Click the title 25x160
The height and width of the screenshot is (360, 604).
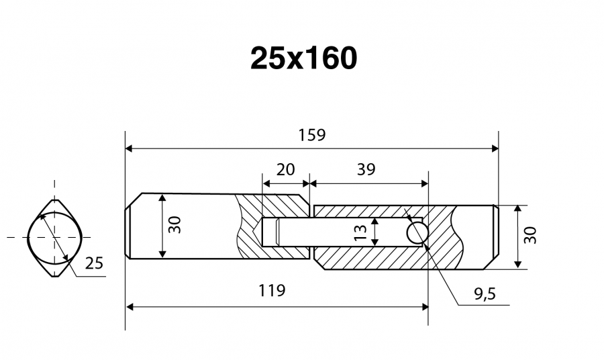pyautogui.click(x=303, y=58)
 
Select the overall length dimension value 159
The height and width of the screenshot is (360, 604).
pyautogui.click(x=312, y=135)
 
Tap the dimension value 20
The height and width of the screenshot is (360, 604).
pyautogui.click(x=285, y=170)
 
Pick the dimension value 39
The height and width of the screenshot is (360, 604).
pyautogui.click(x=366, y=170)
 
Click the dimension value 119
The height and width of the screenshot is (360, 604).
pyautogui.click(x=272, y=291)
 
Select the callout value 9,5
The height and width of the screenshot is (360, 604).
pyautogui.click(x=485, y=294)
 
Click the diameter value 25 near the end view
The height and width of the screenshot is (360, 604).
pyautogui.click(x=94, y=263)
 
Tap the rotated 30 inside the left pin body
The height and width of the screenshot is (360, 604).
pyautogui.click(x=175, y=225)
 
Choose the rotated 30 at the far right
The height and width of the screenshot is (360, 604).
pyautogui.click(x=530, y=235)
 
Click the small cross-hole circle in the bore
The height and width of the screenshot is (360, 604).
pyautogui.click(x=417, y=233)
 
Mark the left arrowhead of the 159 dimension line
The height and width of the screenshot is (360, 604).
pyautogui.click(x=129, y=148)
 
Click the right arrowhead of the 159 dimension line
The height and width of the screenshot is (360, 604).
pyautogui.click(x=495, y=148)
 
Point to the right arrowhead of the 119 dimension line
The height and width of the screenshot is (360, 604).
pyautogui.click(x=425, y=307)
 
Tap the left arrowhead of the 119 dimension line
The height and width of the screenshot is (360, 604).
pyautogui.click(x=130, y=307)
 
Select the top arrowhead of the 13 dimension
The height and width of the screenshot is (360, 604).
pyautogui.click(x=374, y=221)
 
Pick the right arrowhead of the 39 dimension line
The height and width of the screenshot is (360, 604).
pyautogui.click(x=425, y=183)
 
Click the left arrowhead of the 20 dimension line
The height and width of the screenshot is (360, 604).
pyautogui.click(x=266, y=183)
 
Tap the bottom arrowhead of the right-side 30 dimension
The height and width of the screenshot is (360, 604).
pyautogui.click(x=518, y=265)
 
